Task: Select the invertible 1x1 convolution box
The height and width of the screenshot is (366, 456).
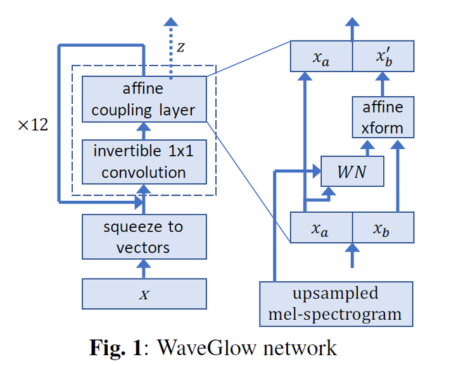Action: point(144,161)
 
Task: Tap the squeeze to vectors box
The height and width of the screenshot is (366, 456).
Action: point(144,236)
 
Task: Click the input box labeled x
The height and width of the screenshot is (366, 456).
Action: point(144,294)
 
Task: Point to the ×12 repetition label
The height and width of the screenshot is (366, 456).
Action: point(33,125)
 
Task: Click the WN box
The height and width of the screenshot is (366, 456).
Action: point(353,171)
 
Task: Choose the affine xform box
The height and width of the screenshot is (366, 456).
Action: point(383,117)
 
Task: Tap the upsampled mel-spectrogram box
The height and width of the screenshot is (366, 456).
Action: point(336,303)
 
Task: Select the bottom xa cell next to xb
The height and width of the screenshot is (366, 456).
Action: point(321,227)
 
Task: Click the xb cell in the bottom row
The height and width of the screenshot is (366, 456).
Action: point(383,227)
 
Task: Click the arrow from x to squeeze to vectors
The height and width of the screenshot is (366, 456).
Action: point(144,268)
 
